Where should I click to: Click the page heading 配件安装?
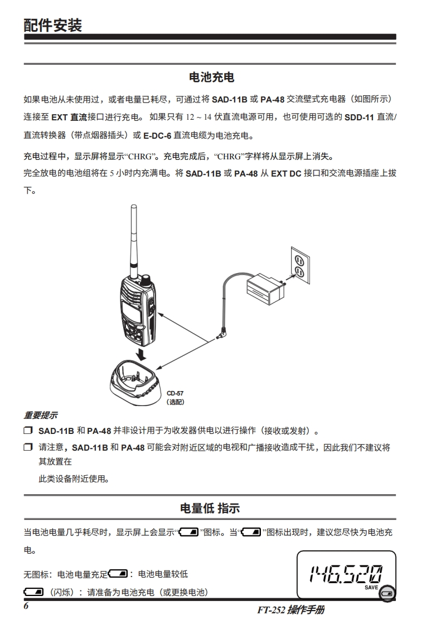click(x=52, y=25)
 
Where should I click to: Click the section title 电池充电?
click(x=211, y=77)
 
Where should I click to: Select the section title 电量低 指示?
click(x=210, y=508)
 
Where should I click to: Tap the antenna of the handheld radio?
click(x=134, y=242)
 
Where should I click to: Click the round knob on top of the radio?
click(x=147, y=280)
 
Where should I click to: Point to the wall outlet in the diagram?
click(x=300, y=266)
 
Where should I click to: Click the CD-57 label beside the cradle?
click(x=175, y=393)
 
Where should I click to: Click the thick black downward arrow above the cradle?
click(x=140, y=354)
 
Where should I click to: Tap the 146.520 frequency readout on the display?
click(x=346, y=574)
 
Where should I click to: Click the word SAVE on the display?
click(x=371, y=588)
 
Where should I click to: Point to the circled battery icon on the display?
click(x=387, y=593)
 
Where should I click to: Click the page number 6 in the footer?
click(x=26, y=606)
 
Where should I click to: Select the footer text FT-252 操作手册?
click(x=290, y=610)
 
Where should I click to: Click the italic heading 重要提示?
click(x=40, y=416)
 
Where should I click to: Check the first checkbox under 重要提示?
click(x=28, y=431)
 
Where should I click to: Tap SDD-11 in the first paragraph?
click(x=359, y=118)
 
